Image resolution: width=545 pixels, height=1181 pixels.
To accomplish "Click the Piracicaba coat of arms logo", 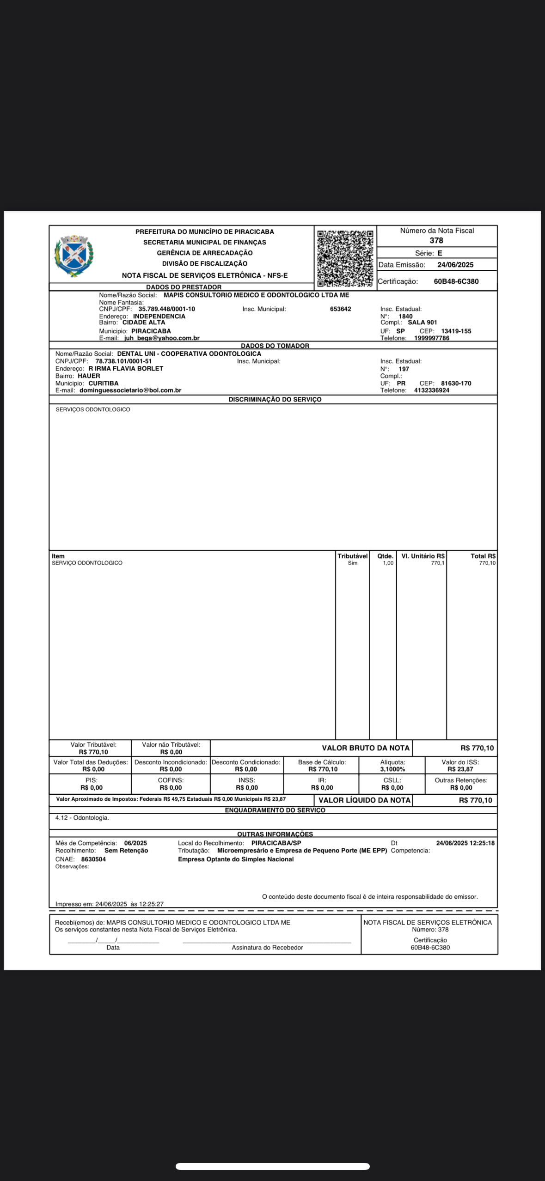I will pyautogui.click(x=73, y=256).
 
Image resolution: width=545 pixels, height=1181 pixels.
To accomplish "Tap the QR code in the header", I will pyautogui.click(x=345, y=258).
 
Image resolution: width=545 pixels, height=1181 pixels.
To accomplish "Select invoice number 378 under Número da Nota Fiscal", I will pyautogui.click(x=436, y=240).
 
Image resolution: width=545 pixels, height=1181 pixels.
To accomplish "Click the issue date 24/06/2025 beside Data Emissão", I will pyautogui.click(x=455, y=265).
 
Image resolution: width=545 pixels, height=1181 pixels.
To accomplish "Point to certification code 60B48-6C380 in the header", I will pyautogui.click(x=456, y=281).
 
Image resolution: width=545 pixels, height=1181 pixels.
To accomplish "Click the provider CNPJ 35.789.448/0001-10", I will pyautogui.click(x=166, y=309).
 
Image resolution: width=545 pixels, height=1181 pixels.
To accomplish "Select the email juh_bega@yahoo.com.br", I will pyautogui.click(x=161, y=338).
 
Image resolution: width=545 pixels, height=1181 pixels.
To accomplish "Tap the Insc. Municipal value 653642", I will pyautogui.click(x=340, y=309).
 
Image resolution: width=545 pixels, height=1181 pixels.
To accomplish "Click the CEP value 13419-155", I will pyautogui.click(x=456, y=331).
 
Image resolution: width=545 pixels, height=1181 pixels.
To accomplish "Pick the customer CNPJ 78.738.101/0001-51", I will pyautogui.click(x=123, y=361).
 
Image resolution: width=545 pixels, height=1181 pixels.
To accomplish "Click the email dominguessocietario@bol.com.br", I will pyautogui.click(x=130, y=390).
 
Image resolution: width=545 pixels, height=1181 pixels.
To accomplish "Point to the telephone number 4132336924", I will pyautogui.click(x=431, y=390).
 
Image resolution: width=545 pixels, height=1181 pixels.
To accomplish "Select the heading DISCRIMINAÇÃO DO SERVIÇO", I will pyautogui.click(x=275, y=400).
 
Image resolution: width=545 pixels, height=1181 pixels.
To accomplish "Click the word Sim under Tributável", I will pyautogui.click(x=352, y=563).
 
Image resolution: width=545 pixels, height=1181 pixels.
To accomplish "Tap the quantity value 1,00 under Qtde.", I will pyautogui.click(x=388, y=563).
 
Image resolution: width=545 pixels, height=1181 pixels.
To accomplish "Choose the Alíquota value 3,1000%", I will pyautogui.click(x=392, y=769).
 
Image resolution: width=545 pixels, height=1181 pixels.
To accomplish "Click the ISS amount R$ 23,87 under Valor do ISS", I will pyautogui.click(x=460, y=769).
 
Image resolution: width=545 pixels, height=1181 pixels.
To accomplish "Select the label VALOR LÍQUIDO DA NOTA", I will pyautogui.click(x=364, y=800).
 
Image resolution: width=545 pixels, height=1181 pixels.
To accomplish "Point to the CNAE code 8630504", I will pyautogui.click(x=93, y=859).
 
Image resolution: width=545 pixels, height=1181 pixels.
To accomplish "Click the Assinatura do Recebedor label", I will pyautogui.click(x=267, y=948).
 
